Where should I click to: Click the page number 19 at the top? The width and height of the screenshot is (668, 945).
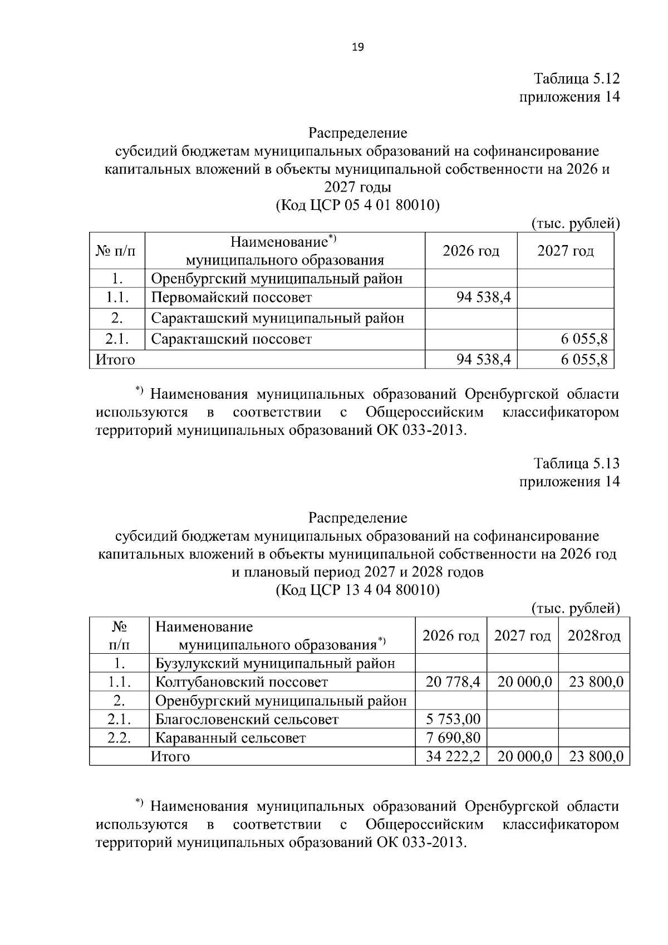click(357, 48)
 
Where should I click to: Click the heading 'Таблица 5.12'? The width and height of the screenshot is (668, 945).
click(577, 78)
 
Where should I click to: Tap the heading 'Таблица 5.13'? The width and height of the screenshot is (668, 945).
click(577, 463)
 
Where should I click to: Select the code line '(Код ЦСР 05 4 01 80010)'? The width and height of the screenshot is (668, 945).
click(357, 205)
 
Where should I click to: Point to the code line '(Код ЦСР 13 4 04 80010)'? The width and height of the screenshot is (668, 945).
click(357, 590)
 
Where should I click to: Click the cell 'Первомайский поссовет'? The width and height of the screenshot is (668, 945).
click(232, 297)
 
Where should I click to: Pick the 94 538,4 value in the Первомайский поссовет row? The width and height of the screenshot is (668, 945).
click(483, 297)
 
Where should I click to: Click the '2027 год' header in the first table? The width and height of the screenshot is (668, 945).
click(566, 251)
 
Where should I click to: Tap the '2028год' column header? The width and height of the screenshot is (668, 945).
click(593, 636)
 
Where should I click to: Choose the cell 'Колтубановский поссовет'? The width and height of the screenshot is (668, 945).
click(242, 682)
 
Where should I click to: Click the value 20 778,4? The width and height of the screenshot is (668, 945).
click(453, 682)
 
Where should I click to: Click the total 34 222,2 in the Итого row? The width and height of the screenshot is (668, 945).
click(453, 757)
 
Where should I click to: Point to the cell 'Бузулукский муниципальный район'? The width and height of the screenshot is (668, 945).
click(275, 664)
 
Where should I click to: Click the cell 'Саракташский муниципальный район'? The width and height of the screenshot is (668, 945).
click(277, 319)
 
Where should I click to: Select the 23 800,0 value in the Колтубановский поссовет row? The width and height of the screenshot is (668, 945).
click(596, 682)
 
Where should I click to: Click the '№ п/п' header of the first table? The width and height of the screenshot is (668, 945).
click(116, 251)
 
